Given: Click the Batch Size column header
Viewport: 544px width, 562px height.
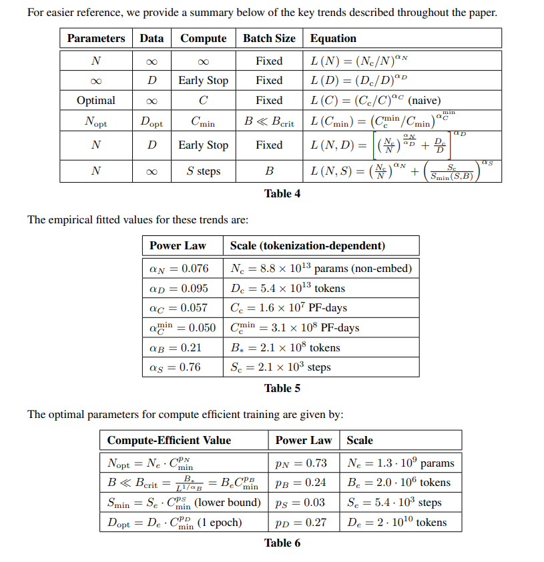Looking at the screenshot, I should [269, 38].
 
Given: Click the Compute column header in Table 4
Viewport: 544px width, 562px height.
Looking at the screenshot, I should [203, 38].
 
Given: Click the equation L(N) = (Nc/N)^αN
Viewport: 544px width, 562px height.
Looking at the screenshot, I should [359, 61].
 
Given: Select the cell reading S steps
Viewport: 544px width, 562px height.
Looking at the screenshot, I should [203, 171].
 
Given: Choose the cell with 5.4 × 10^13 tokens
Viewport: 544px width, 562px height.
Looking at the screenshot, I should [288, 289].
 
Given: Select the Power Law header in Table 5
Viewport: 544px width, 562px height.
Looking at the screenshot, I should [178, 245].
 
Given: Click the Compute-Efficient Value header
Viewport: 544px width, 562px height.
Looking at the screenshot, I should [169, 440].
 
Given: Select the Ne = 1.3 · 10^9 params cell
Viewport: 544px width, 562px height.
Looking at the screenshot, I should [400, 463].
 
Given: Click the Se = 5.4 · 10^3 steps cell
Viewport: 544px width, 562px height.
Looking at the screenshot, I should [394, 502].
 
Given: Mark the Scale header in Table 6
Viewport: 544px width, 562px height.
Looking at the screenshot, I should [360, 440].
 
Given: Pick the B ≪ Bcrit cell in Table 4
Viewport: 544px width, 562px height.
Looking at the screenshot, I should [269, 123].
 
